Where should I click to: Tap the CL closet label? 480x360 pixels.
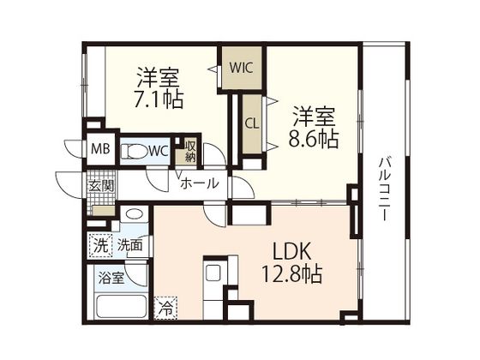pyautogui.click(x=252, y=123)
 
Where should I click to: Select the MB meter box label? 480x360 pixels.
pyautogui.click(x=102, y=153)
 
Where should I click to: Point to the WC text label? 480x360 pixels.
pyautogui.click(x=159, y=152)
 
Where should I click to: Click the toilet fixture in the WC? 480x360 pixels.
pyautogui.click(x=135, y=152)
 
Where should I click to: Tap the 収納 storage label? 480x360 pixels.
pyautogui.click(x=190, y=151)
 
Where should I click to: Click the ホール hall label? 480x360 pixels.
pyautogui.click(x=199, y=183)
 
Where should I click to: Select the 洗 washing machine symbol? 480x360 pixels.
pyautogui.click(x=101, y=245)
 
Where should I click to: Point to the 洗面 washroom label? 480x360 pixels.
pyautogui.click(x=130, y=245)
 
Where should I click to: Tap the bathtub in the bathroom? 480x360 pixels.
pyautogui.click(x=118, y=308)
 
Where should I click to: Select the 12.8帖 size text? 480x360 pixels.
pyautogui.click(x=292, y=275)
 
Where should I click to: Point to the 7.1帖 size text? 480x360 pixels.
pyautogui.click(x=156, y=99)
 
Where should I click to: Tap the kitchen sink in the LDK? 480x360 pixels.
pyautogui.click(x=213, y=273)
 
